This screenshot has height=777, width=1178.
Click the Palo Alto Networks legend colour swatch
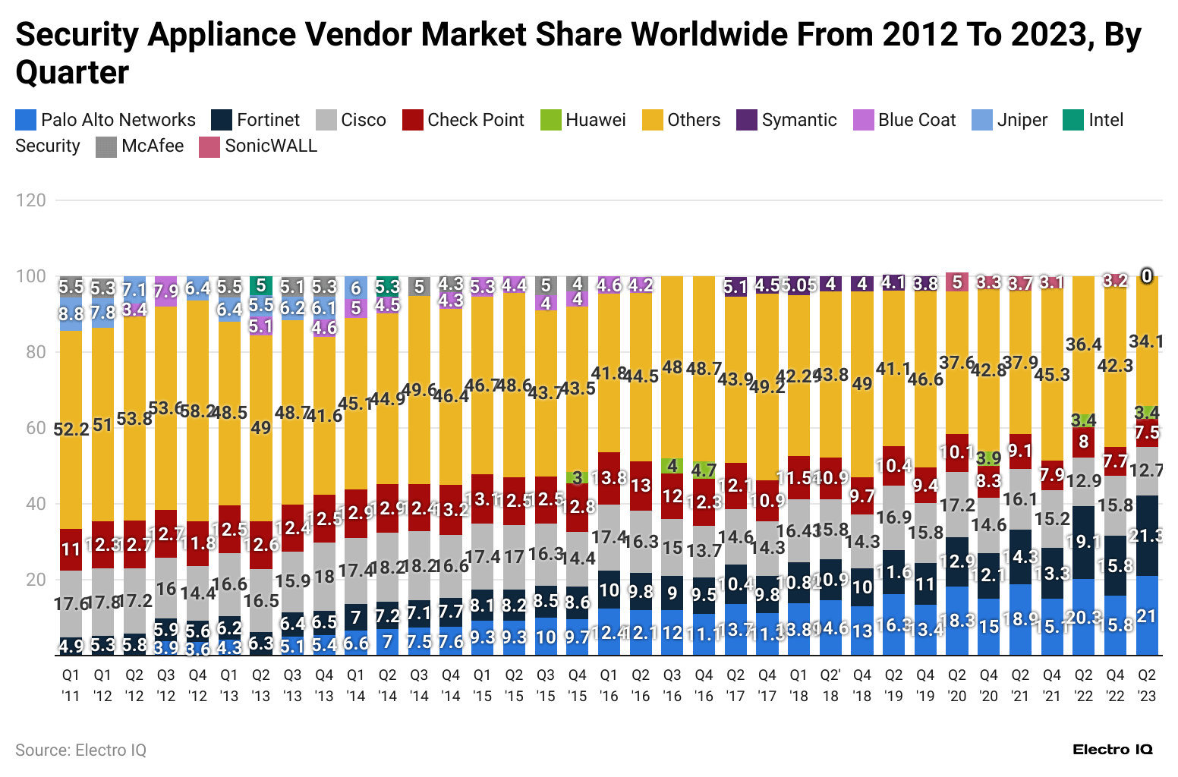click(25, 120)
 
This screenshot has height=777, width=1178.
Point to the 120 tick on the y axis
click(30, 200)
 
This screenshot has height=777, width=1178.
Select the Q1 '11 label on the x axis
click(71, 685)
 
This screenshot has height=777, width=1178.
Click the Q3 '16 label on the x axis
click(672, 685)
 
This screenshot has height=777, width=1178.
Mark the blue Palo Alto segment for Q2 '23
click(1147, 616)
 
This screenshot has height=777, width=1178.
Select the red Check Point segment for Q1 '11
click(71, 549)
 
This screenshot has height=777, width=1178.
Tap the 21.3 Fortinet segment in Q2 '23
click(1147, 536)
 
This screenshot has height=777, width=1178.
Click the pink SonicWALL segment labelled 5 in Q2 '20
click(957, 282)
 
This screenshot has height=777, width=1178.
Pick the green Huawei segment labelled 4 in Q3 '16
click(672, 465)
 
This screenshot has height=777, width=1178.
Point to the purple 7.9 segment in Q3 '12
click(165, 291)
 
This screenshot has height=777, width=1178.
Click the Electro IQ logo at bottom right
click(1112, 750)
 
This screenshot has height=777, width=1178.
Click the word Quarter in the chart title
click(72, 73)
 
